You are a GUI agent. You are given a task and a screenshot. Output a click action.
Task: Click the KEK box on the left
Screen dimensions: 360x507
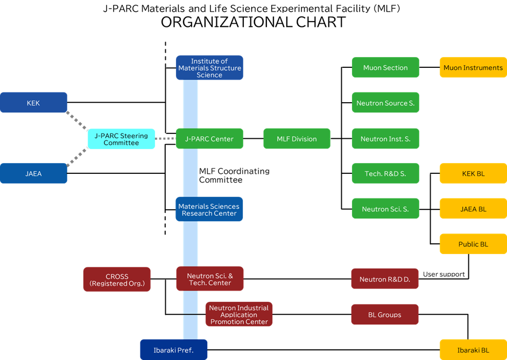33,102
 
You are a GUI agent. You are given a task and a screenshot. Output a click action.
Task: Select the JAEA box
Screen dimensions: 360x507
33,173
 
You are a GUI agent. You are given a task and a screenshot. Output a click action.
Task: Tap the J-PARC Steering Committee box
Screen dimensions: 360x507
121,139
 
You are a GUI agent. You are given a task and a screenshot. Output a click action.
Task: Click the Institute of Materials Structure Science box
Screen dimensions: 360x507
209,68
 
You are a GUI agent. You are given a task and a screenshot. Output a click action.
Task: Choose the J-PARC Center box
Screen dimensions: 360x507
209,139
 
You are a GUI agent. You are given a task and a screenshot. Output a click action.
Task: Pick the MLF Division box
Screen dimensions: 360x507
297,139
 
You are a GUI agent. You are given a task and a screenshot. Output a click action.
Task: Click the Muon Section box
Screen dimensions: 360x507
385,68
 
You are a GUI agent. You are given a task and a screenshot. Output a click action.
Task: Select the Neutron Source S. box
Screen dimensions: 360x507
385,103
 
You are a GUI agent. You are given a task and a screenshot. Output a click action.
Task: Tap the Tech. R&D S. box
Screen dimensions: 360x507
385,173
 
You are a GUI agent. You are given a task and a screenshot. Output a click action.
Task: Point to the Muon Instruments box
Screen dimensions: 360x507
473,68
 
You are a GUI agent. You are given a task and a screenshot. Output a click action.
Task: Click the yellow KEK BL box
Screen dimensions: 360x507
473,173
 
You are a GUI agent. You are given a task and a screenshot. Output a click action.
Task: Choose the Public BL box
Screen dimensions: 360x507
473,244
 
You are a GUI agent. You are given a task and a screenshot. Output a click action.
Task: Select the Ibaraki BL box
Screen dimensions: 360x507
473,350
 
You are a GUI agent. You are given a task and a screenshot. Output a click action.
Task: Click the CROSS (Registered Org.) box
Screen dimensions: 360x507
117,279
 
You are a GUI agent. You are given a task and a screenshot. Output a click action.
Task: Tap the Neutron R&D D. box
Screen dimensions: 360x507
385,279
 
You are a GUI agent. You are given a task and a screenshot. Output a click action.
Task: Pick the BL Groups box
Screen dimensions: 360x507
385,315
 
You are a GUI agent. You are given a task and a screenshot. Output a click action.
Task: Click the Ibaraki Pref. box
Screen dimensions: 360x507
173,350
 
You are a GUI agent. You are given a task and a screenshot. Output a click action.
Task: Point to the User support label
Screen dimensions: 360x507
443,274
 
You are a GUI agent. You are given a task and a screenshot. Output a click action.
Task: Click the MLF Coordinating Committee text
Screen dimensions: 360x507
234,175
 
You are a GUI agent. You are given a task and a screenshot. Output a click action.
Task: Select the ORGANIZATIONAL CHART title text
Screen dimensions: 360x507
253,22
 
